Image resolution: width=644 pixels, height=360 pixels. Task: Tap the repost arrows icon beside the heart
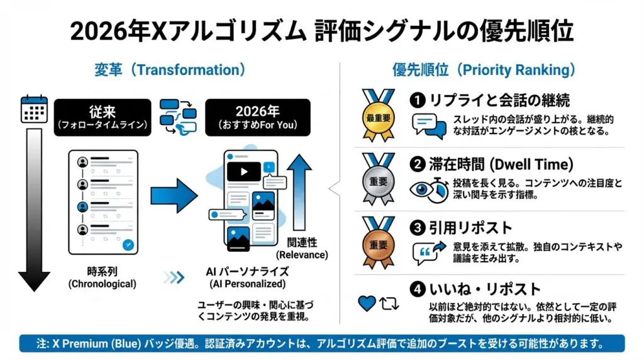point(389,303)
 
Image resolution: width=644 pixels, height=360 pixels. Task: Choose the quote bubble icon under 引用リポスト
point(426,252)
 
